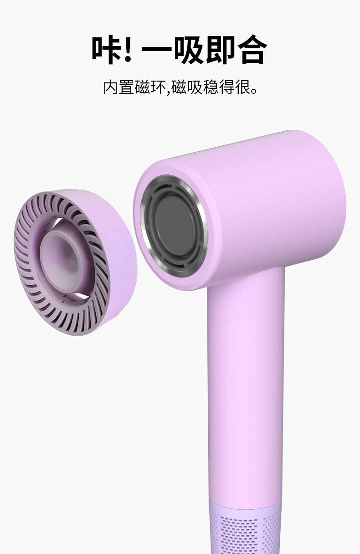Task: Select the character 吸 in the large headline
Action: coord(189,50)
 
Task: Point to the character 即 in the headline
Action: coord(221,50)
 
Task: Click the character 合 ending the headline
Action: coord(252,50)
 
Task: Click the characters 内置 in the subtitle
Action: coord(119,87)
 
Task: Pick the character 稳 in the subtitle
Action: coord(211,87)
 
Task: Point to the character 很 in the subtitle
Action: coord(242,87)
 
